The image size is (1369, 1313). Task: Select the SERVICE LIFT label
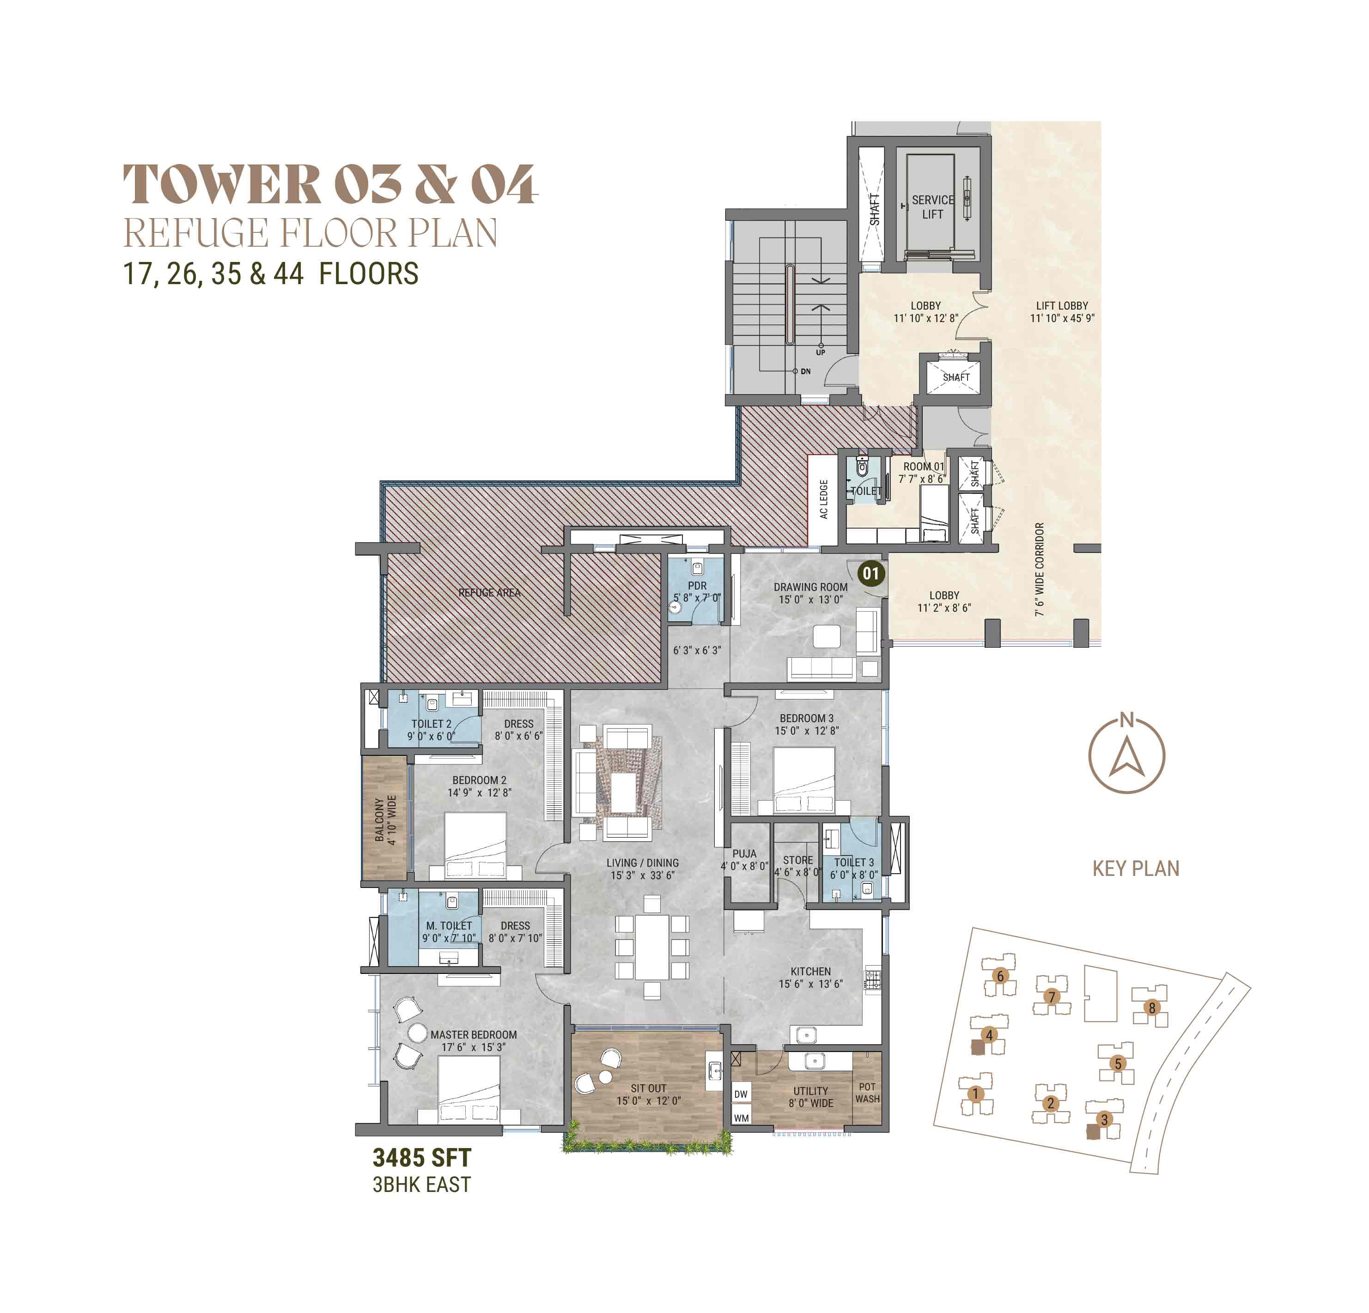click(x=932, y=207)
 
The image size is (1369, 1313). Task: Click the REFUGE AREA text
click(x=489, y=592)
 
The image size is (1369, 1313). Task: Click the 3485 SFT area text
click(x=422, y=1157)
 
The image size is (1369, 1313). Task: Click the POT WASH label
click(x=868, y=1092)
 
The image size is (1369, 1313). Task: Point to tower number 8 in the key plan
click(x=1152, y=1007)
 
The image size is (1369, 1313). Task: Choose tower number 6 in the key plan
click(x=1000, y=976)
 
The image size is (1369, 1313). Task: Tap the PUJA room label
click(x=745, y=853)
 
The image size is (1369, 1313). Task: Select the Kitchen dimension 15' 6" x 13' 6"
click(x=811, y=983)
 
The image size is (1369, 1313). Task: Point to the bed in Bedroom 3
click(x=804, y=780)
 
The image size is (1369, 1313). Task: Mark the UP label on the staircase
click(x=821, y=353)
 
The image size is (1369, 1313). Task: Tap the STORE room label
click(x=797, y=860)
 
